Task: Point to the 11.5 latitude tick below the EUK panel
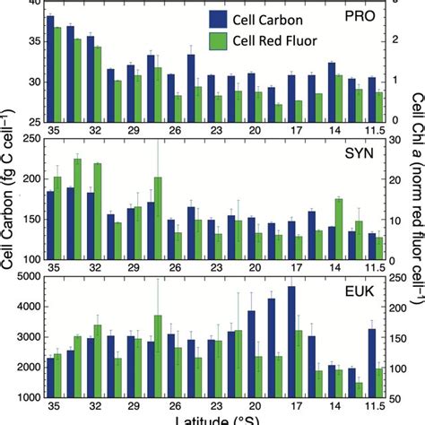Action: [x=376, y=404]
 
